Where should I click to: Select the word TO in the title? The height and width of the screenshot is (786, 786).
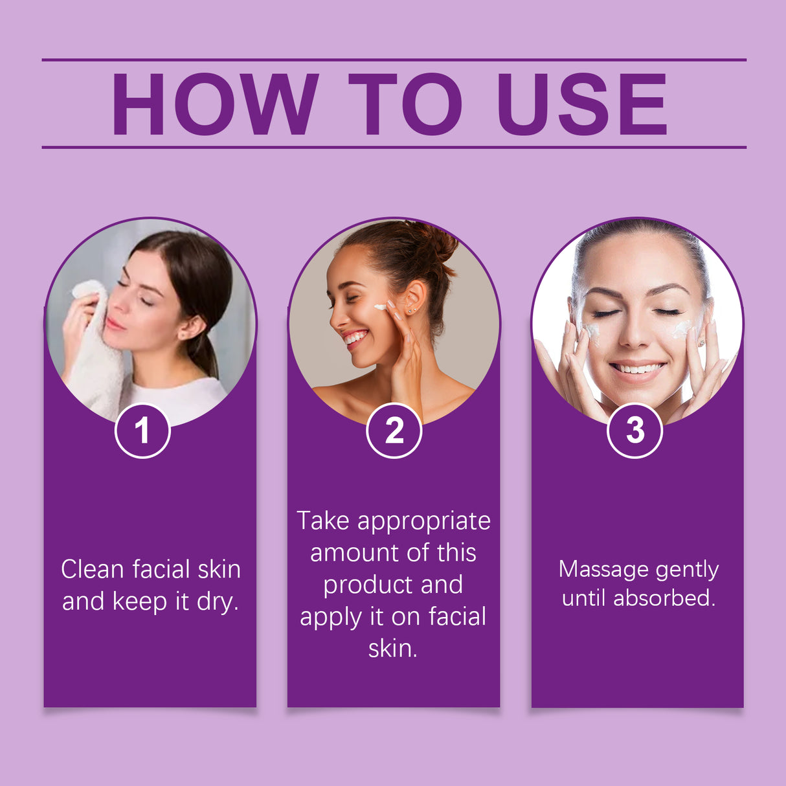pyautogui.click(x=405, y=104)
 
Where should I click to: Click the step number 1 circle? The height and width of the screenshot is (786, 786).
pyautogui.click(x=142, y=431)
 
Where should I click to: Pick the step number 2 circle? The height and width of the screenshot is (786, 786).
pyautogui.click(x=394, y=431)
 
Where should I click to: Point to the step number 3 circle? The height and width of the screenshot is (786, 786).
pyautogui.click(x=634, y=431)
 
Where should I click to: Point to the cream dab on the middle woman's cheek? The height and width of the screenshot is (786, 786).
pyautogui.click(x=379, y=307)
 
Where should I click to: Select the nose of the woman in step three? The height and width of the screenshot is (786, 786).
pyautogui.click(x=636, y=333)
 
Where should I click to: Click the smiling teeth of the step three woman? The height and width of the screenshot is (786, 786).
pyautogui.click(x=637, y=369)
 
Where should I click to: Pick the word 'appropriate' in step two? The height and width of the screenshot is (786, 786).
pyautogui.click(x=424, y=522)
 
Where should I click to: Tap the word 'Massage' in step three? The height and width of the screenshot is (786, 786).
pyautogui.click(x=603, y=570)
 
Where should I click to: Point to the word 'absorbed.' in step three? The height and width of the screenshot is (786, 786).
pyautogui.click(x=664, y=598)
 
